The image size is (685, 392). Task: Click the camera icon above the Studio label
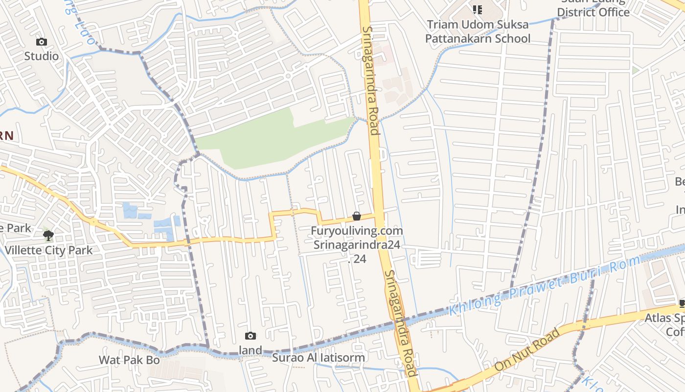coord(42,42)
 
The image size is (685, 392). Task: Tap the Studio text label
coord(42,56)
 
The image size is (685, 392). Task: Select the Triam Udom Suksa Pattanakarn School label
coord(478,31)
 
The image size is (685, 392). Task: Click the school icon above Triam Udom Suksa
coord(478,9)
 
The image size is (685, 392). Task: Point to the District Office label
coord(594,12)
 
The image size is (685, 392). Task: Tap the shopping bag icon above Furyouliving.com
coord(357,216)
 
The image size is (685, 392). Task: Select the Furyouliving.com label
coord(357,231)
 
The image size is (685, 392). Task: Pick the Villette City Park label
coord(49,250)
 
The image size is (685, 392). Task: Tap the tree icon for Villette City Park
coord(48,236)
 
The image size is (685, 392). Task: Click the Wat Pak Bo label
coord(129,360)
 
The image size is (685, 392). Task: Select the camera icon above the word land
coord(251,336)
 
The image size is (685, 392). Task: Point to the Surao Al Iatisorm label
coord(319,358)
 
